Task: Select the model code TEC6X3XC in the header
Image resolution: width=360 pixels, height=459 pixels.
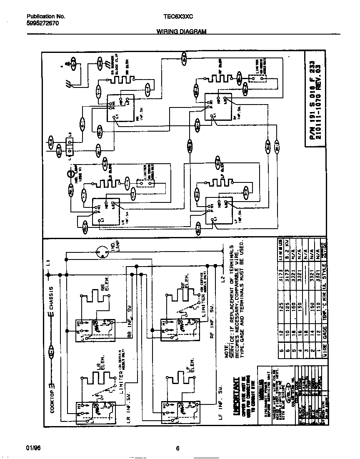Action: (x=178, y=17)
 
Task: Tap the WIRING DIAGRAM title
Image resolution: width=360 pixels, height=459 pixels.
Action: (x=181, y=32)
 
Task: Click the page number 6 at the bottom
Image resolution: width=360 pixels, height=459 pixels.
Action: (x=177, y=449)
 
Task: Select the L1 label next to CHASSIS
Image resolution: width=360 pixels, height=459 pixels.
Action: (x=49, y=263)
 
